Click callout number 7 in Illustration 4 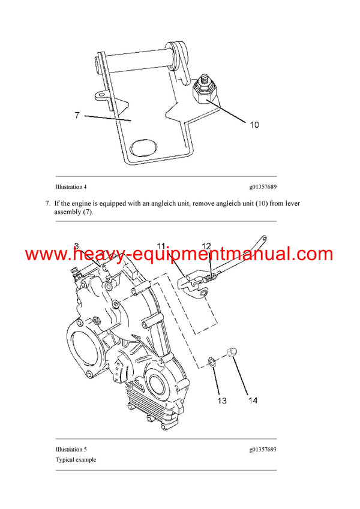[x=77, y=115]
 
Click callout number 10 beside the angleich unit [x=254, y=125]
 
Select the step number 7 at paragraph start [x=47, y=204]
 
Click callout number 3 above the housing [x=77, y=245]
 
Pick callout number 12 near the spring [x=206, y=246]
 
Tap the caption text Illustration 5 [x=71, y=449]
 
